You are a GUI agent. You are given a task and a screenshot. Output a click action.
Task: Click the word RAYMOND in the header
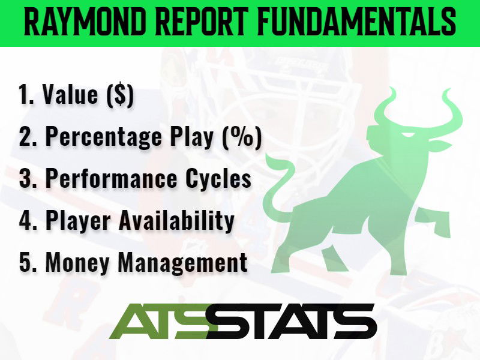point(85,22)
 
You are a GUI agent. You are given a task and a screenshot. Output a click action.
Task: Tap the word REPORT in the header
point(202,22)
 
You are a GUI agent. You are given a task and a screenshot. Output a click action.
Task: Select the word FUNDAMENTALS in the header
point(356,22)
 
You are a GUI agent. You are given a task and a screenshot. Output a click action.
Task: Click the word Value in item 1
point(70,94)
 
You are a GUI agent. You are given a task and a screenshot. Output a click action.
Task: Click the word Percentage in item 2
point(103,137)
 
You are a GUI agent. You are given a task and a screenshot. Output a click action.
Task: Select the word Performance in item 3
point(111,178)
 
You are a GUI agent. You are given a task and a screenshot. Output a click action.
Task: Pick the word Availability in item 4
point(176,221)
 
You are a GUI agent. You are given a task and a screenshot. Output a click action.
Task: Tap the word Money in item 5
point(77,263)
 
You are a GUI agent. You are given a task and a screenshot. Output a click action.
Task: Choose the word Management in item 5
point(183,263)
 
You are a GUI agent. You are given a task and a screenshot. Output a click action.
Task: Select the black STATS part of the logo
point(292,321)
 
